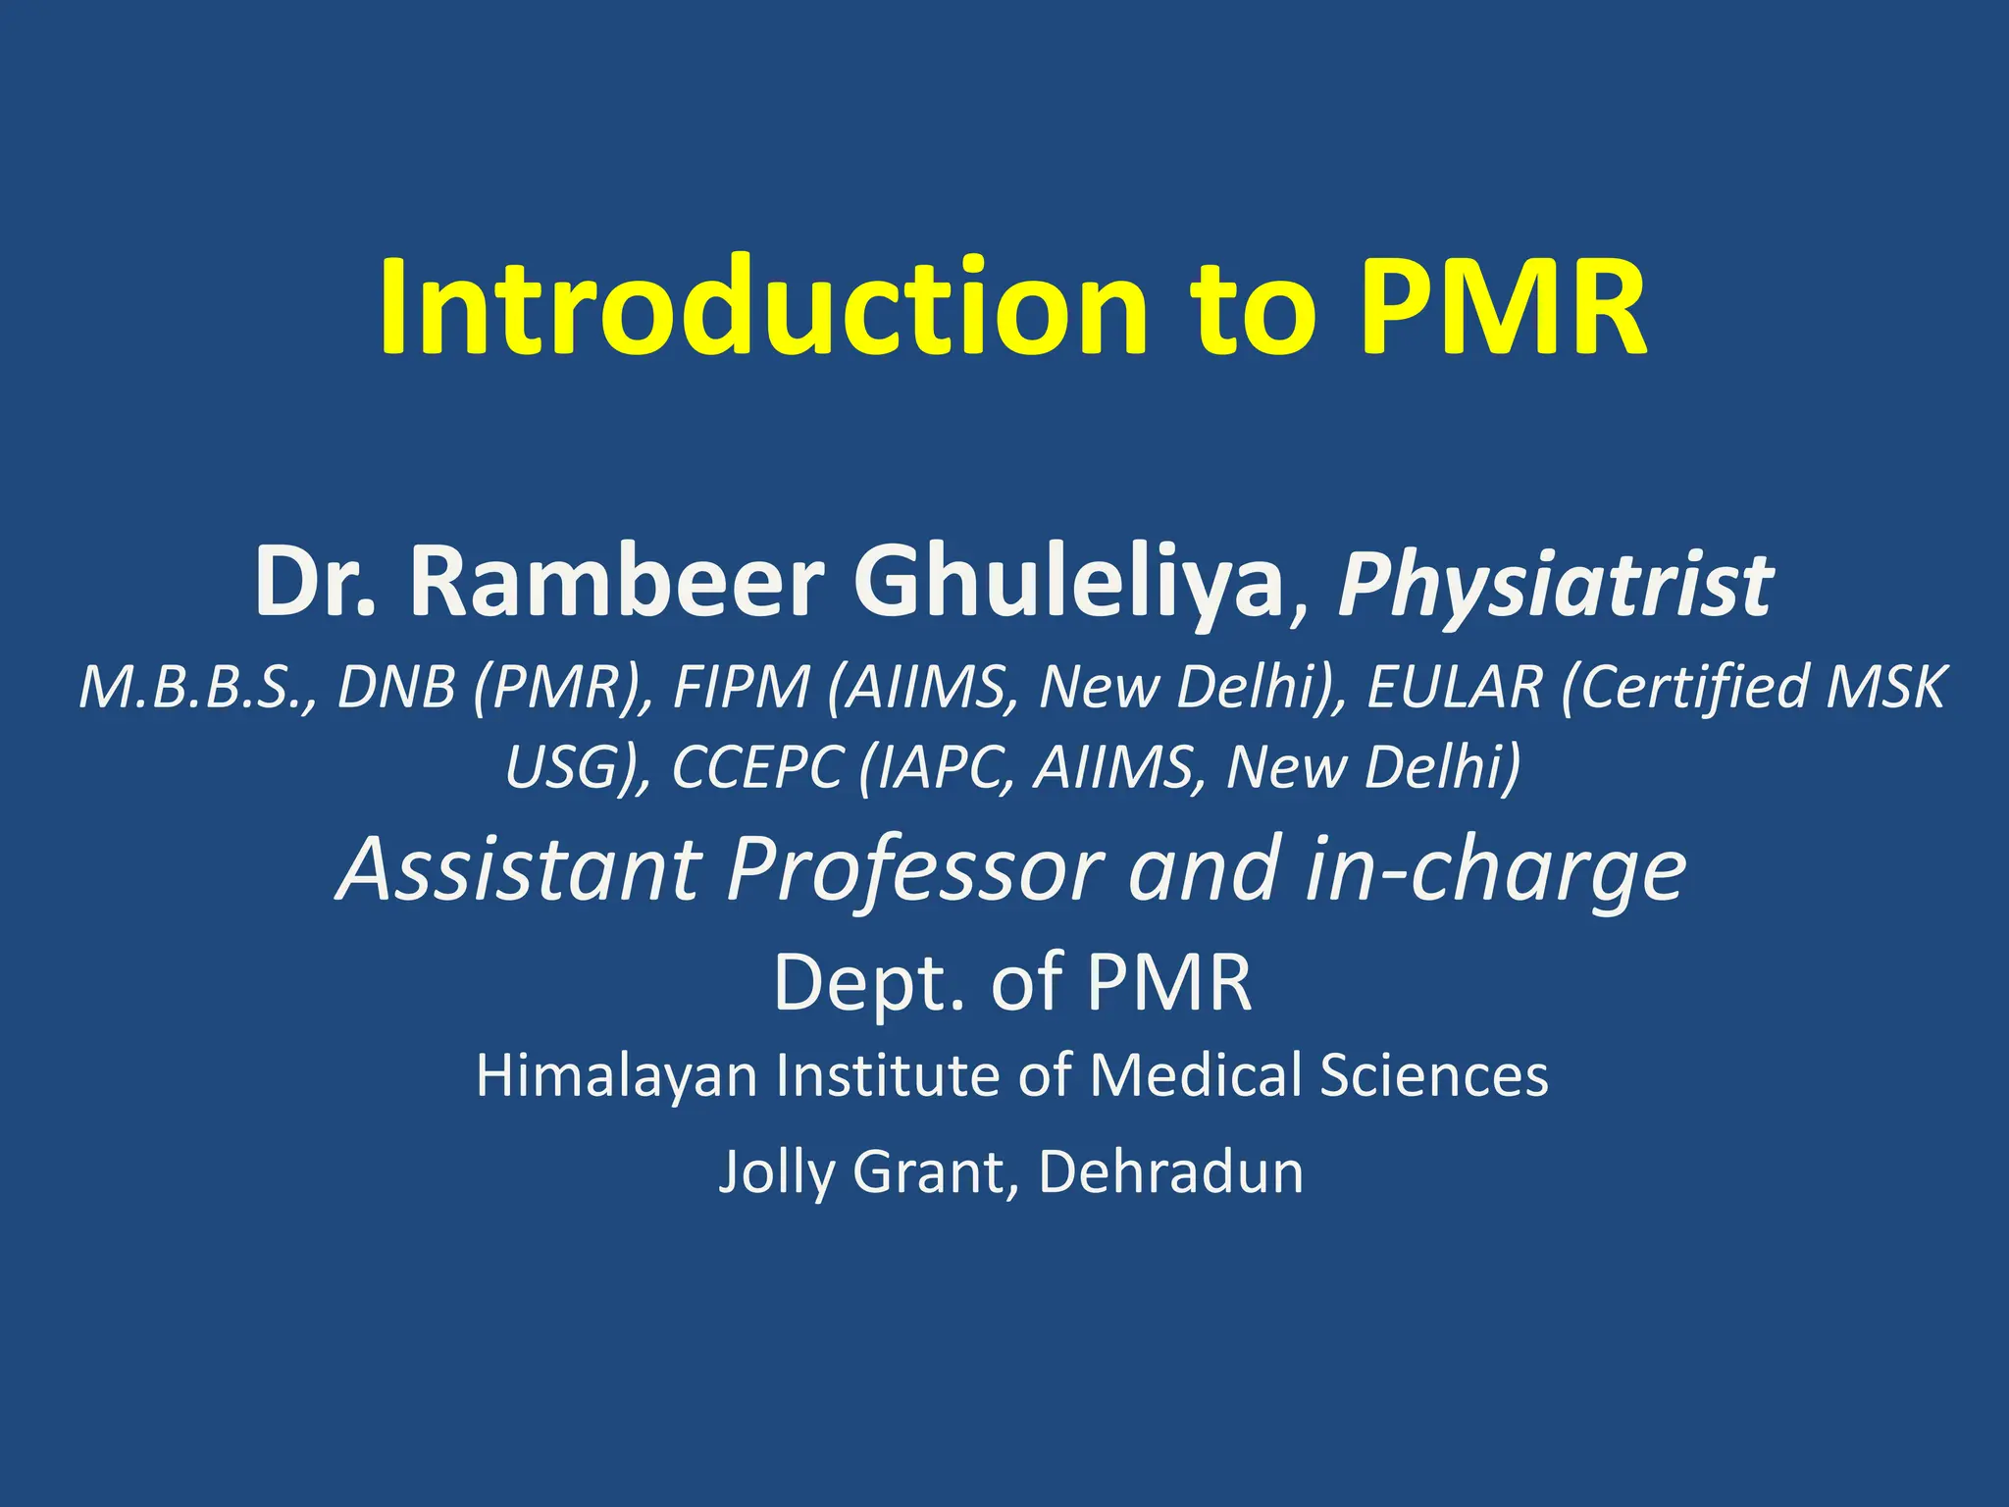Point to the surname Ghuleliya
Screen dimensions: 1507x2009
(1069, 585)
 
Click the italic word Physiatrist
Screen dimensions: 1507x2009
(1555, 587)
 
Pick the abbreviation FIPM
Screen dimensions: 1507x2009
(742, 687)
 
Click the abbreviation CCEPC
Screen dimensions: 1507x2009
(756, 767)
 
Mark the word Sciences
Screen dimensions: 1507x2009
(1433, 1074)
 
